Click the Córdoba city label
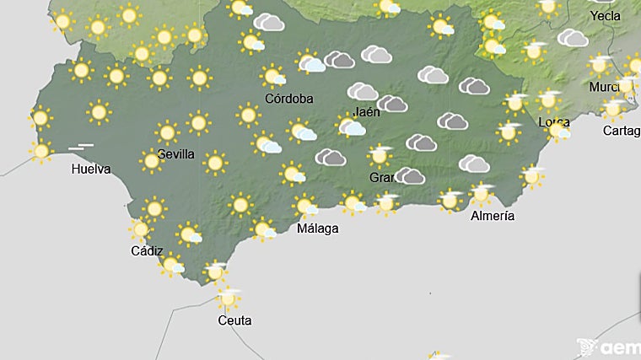coord(289,99)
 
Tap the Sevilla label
coord(176,154)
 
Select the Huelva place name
coord(92,169)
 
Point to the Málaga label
coord(318,228)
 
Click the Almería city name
coord(493,216)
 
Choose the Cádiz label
coord(147,250)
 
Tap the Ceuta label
coord(234,320)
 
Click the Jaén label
coord(365,110)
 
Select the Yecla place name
coord(606,16)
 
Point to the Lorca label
coord(553,122)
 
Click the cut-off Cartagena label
coord(622,131)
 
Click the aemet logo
coord(608,347)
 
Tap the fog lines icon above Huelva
coord(81,148)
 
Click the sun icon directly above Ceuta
coord(227,298)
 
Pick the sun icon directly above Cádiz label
coord(141,228)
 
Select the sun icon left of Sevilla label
coord(152,160)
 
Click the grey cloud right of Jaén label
coord(392,105)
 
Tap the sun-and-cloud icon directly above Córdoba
coord(272,77)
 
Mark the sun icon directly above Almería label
coord(482,194)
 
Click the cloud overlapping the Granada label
coord(410,176)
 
